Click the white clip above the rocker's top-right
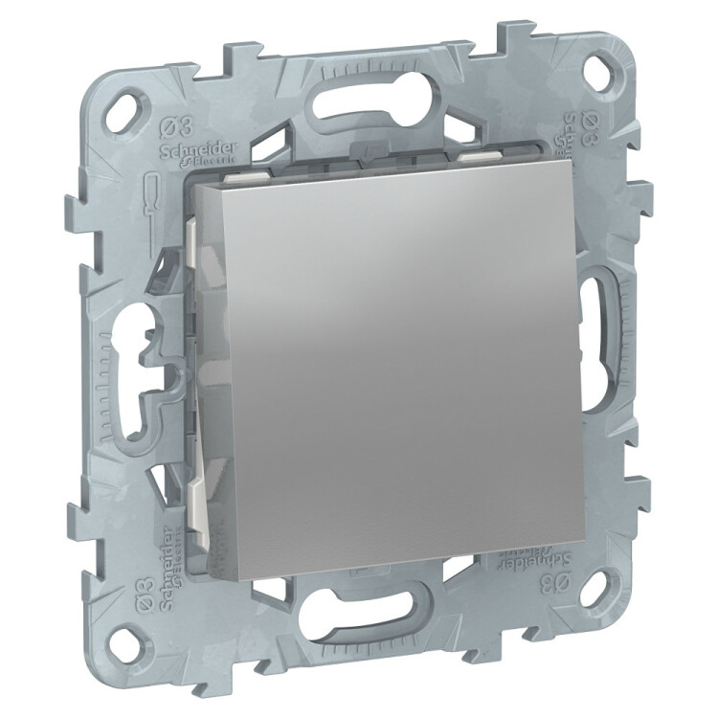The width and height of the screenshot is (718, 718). (x=478, y=153)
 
